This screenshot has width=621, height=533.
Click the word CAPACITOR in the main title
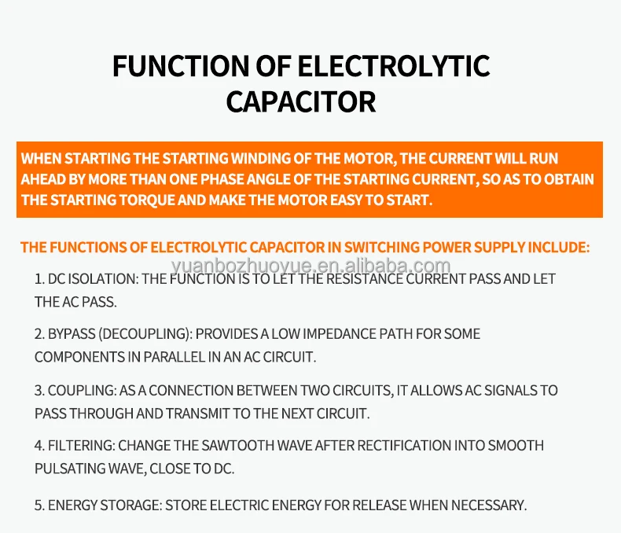click(x=301, y=102)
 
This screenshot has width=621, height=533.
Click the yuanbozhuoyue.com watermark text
click(x=310, y=265)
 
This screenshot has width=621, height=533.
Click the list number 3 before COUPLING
click(x=39, y=390)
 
